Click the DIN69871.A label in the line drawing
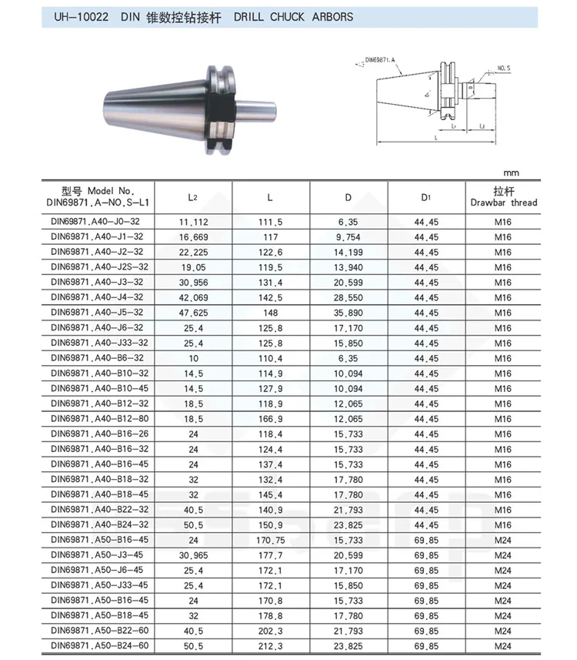[x=381, y=59]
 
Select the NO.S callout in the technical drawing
[x=504, y=68]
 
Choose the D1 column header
[x=425, y=198]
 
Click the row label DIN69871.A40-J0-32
[x=97, y=222]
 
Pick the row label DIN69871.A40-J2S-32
[x=97, y=267]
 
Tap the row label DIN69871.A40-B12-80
[x=97, y=419]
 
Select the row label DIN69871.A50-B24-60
[x=97, y=646]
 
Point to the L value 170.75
[x=270, y=540]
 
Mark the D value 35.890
[x=349, y=313]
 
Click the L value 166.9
[x=270, y=419]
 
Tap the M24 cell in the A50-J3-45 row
[x=502, y=555]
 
